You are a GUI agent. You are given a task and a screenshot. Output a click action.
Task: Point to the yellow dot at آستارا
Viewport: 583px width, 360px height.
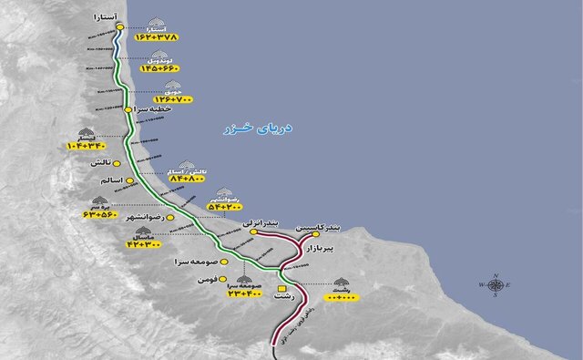pyautogui.click(x=119, y=27)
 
